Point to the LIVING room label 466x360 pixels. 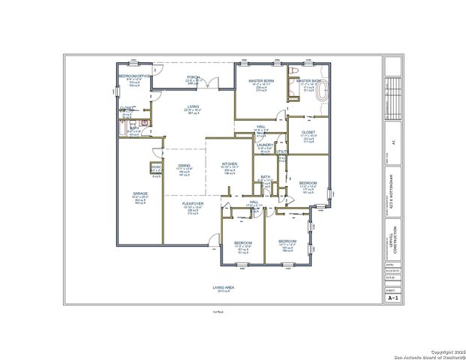[x=193, y=107]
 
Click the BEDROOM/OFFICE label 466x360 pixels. [x=135, y=76]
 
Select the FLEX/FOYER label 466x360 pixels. [x=192, y=203]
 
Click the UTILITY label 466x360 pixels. [x=281, y=152]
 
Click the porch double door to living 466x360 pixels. [x=210, y=82]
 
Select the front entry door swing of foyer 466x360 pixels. [x=213, y=241]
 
